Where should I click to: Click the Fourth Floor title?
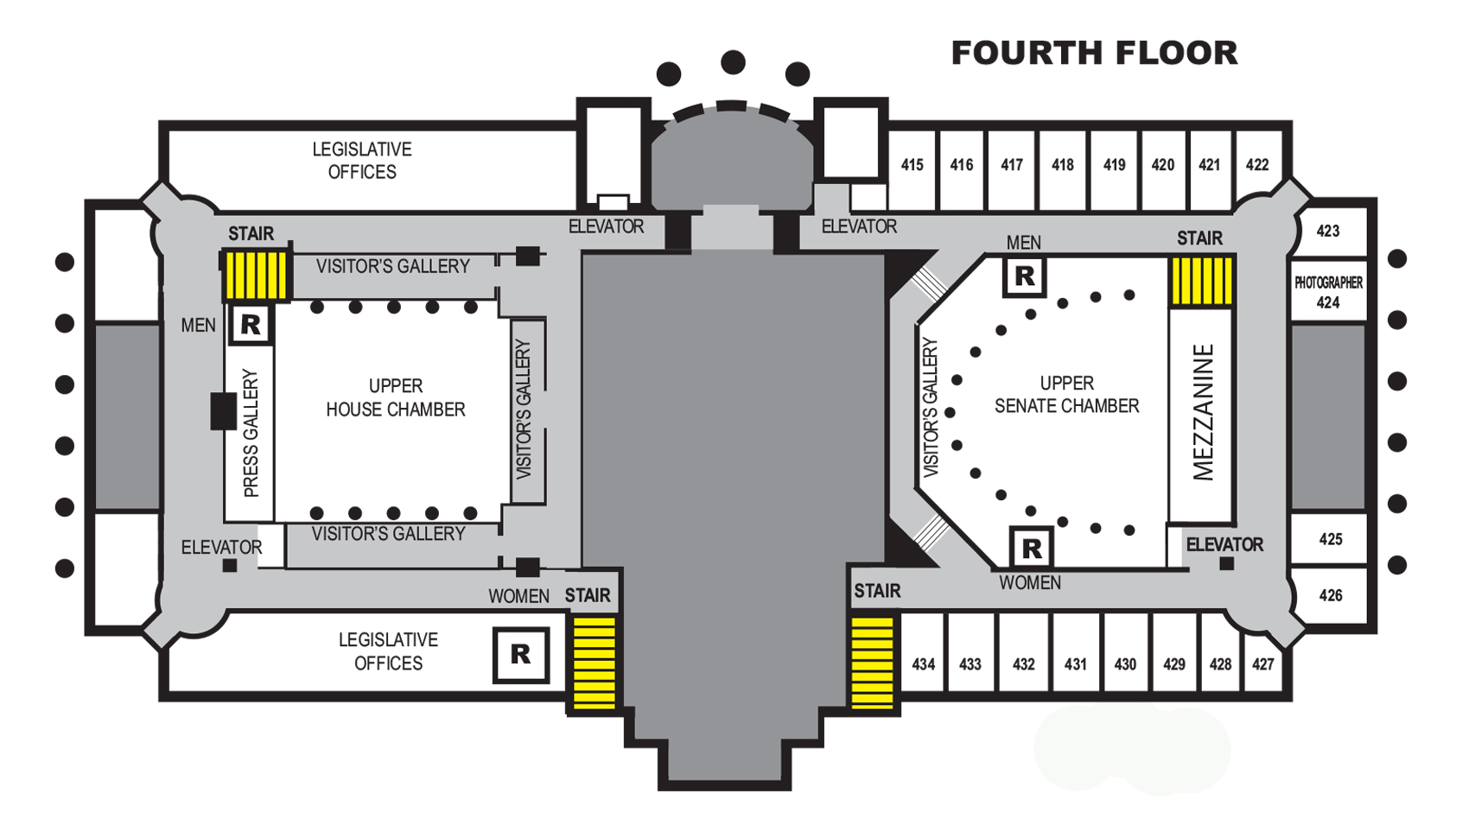1094,53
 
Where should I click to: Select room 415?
912,164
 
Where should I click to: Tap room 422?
1256,164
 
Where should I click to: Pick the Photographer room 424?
1328,292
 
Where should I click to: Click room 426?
1331,595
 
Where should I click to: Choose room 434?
923,663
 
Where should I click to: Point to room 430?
1125,663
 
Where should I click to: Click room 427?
1262,663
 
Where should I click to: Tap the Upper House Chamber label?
395,397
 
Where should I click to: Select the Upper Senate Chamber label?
1066,394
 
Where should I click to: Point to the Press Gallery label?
251,433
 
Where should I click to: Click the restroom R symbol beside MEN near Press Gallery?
251,325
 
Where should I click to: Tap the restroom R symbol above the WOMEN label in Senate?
1031,547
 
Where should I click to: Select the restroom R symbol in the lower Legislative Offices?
520,654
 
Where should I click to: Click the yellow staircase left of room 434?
873,663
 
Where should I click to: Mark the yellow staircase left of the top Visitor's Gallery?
255,275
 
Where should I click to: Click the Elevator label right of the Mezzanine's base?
1224,544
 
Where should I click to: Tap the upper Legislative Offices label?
362,161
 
